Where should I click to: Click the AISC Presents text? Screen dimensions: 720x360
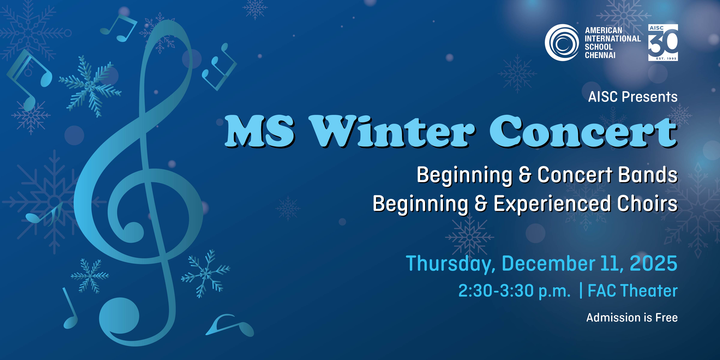pos(633,97)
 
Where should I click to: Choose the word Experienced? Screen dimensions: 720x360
pos(552,204)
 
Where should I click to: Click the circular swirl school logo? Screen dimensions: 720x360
pos(561,42)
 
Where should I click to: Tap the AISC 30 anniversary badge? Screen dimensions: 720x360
pos(663,42)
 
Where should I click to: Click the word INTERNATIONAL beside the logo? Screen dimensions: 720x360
pos(613,39)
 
